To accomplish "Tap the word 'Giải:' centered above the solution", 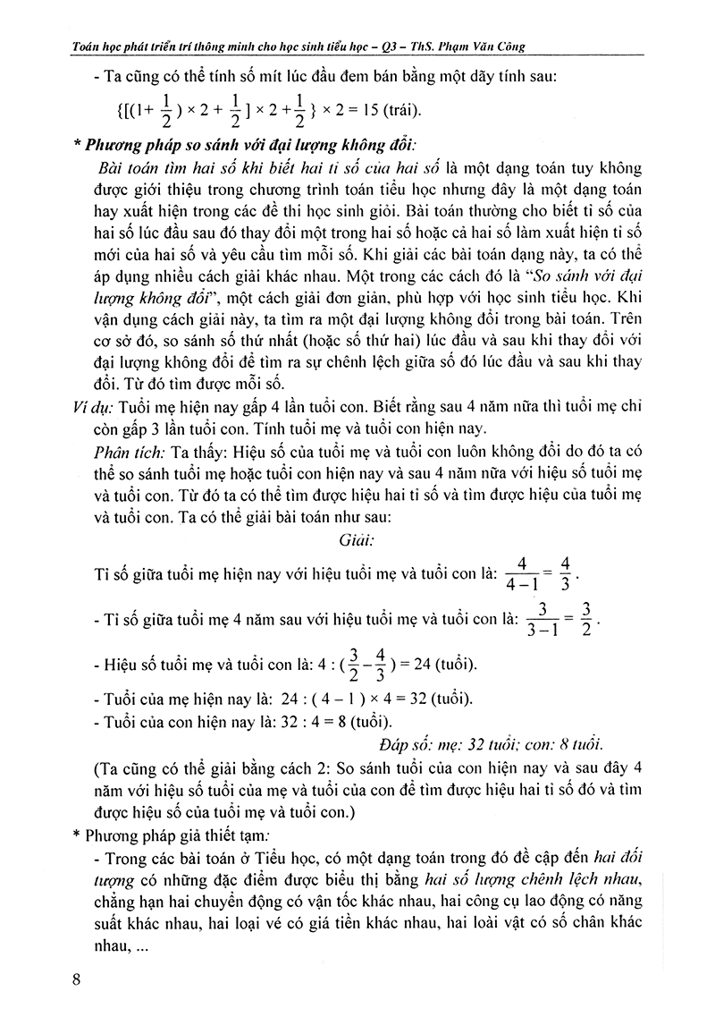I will click(x=357, y=541).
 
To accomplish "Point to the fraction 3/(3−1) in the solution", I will click(x=536, y=618).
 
